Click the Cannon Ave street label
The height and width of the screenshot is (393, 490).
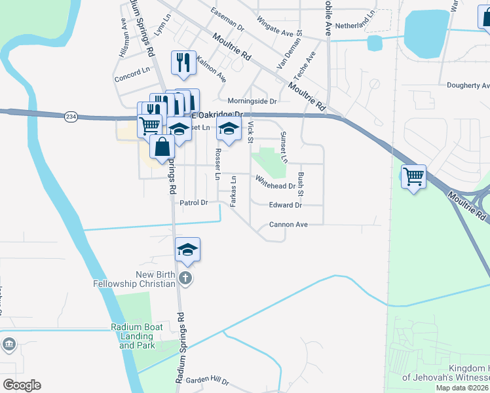(x=288, y=225)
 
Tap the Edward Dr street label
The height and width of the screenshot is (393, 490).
(x=285, y=205)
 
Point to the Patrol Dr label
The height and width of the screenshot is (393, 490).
(x=193, y=203)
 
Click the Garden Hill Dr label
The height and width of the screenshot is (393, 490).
(x=207, y=381)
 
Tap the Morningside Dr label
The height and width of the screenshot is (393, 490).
(x=252, y=101)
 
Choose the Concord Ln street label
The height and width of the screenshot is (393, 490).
(x=132, y=72)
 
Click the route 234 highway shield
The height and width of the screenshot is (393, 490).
(x=71, y=117)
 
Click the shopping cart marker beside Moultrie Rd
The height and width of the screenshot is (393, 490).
(x=413, y=176)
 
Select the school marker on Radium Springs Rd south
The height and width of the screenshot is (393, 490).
(x=187, y=249)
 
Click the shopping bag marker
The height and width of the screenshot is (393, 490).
(x=162, y=147)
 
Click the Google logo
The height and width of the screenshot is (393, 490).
(x=22, y=385)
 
